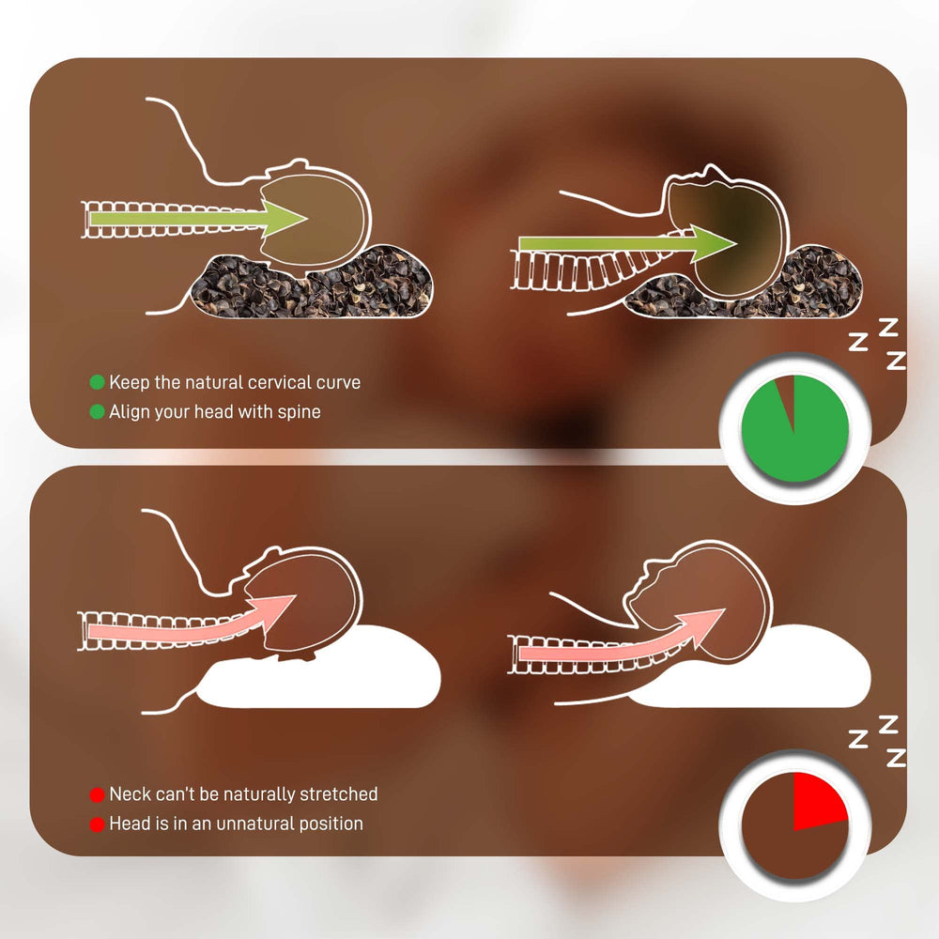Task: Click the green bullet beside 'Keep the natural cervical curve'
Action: [x=97, y=382]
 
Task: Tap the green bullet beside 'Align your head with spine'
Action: [x=97, y=412]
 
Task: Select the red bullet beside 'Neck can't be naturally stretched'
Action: [x=97, y=794]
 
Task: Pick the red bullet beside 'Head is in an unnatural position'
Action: [x=97, y=824]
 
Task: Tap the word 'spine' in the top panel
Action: [x=299, y=412]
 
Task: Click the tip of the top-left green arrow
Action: [x=307, y=218]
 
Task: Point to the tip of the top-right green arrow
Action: [x=736, y=244]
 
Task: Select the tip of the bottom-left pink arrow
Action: [x=295, y=596]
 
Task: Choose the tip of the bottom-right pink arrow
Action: [x=725, y=609]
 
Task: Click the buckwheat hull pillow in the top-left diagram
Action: [x=312, y=285]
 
